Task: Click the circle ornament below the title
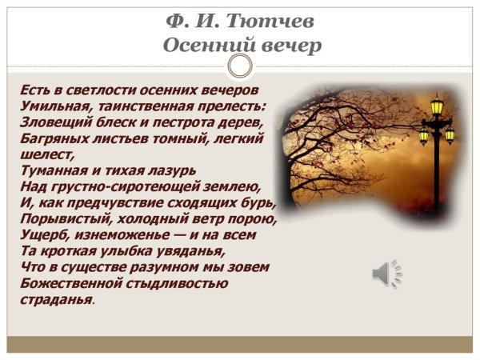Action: point(240,66)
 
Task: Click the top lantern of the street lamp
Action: point(438,106)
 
